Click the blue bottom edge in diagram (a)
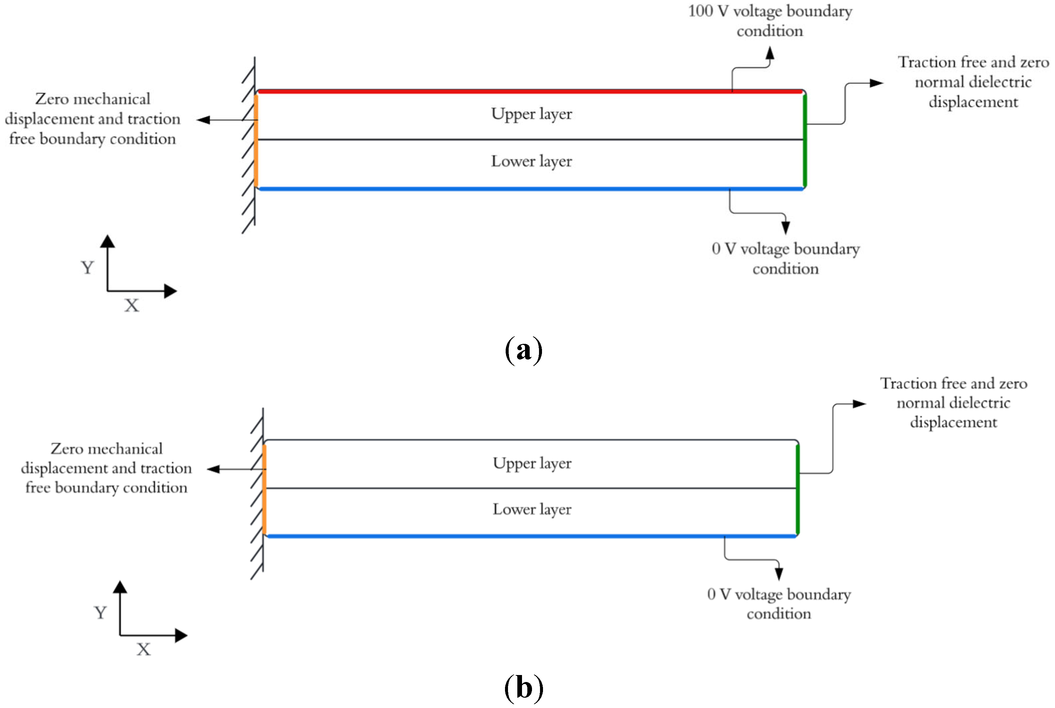(531, 189)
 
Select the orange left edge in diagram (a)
(256, 140)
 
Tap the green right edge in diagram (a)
(805, 140)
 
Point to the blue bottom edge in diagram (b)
(532, 536)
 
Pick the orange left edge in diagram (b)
(264, 489)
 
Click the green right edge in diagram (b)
(798, 489)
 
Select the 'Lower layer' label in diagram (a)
(532, 161)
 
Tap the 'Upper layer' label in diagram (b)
(532, 463)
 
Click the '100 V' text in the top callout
(708, 11)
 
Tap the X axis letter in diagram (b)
(144, 649)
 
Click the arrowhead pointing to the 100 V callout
(770, 53)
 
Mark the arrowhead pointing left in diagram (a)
(203, 120)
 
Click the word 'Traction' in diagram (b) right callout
(909, 383)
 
